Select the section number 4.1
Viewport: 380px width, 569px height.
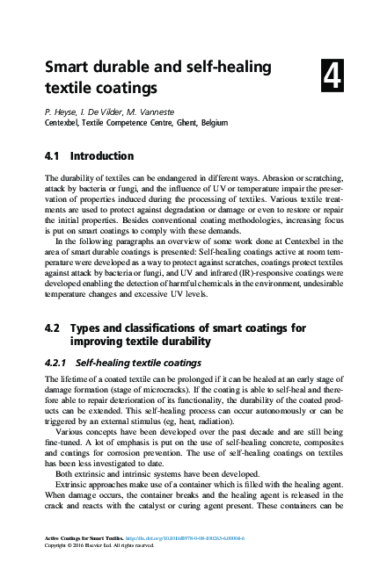[x=55, y=156]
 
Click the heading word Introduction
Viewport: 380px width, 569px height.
[x=102, y=156]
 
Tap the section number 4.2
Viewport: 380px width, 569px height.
[x=55, y=328]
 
